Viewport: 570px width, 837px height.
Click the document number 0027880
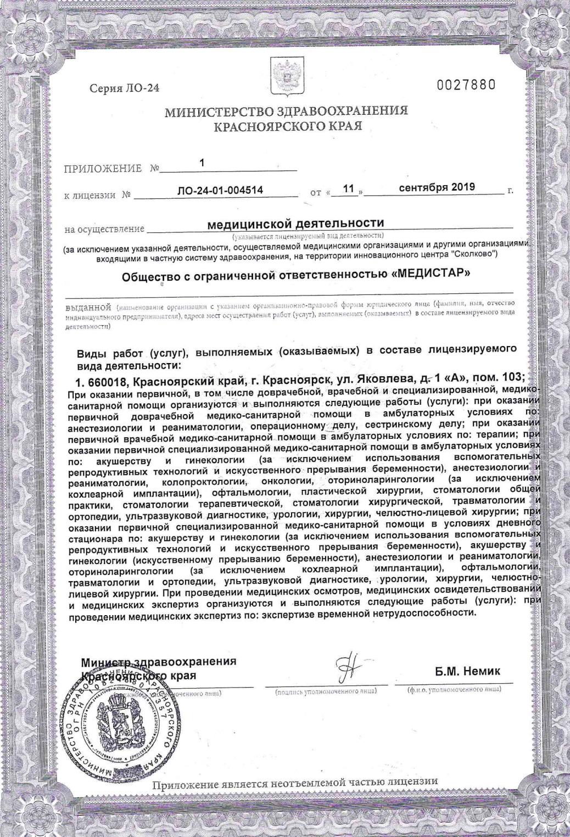(x=466, y=85)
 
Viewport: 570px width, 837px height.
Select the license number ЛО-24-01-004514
(x=220, y=190)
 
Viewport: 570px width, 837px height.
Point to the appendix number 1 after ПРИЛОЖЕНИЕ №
(x=202, y=163)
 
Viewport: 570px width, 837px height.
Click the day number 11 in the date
(x=348, y=188)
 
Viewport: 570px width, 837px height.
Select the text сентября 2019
(x=437, y=187)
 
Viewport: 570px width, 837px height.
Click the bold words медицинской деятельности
(x=295, y=222)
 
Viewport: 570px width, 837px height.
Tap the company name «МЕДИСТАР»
(x=432, y=273)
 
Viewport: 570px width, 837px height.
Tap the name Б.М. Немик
(x=467, y=671)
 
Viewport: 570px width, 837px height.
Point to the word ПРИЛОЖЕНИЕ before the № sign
(x=103, y=169)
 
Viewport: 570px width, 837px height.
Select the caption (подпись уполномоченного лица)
(x=326, y=690)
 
